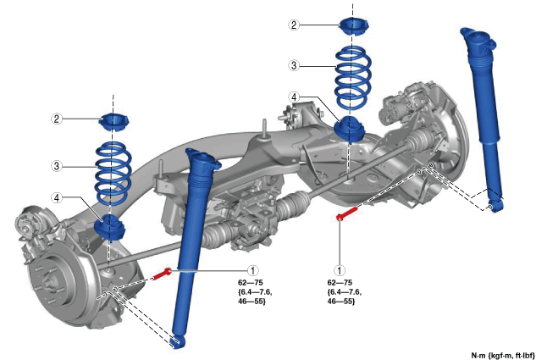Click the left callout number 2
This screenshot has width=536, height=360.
[x=57, y=119]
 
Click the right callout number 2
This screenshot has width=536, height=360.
[x=294, y=25]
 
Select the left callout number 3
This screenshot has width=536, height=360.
[x=57, y=166]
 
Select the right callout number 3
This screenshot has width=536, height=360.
[x=294, y=64]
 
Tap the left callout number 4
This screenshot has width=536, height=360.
[x=57, y=198]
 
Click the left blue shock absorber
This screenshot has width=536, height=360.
[x=191, y=246]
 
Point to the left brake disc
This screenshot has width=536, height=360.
[x=64, y=280]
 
